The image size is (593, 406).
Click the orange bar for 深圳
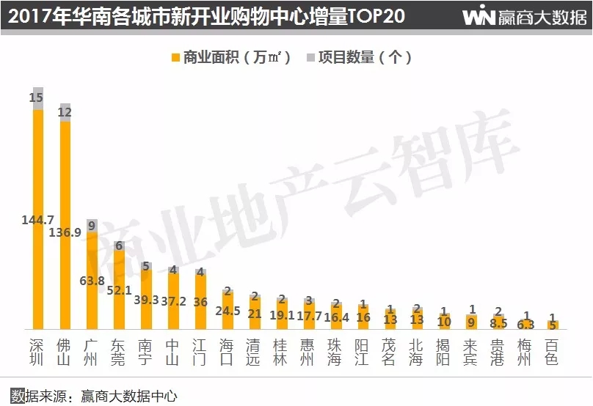pyautogui.click(x=38, y=169)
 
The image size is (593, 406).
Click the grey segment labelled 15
pyautogui.click(x=37, y=98)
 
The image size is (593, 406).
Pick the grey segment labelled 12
pyautogui.click(x=65, y=112)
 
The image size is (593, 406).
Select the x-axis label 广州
pyautogui.click(x=92, y=352)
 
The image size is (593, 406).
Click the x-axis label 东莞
pyautogui.click(x=119, y=352)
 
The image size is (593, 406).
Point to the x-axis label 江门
pyautogui.click(x=200, y=352)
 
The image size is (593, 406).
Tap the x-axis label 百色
pyautogui.click(x=553, y=352)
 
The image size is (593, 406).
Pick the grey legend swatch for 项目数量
pyautogui.click(x=309, y=57)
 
